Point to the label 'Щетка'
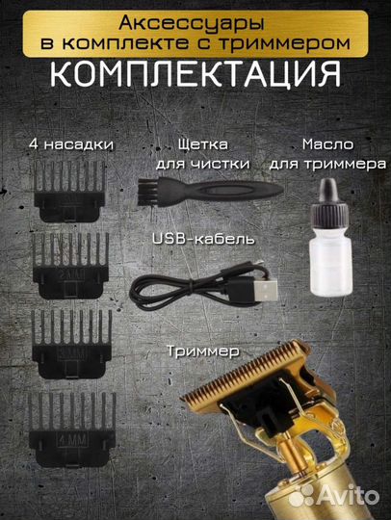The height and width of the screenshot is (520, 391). coord(205,143)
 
